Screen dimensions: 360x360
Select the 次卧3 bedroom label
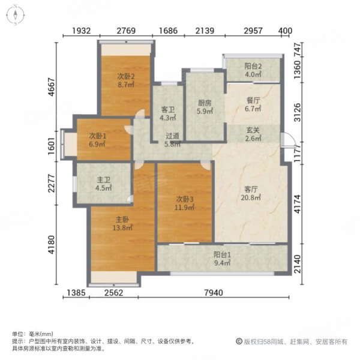[x=184, y=199]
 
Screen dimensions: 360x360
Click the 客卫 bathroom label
[x=167, y=110]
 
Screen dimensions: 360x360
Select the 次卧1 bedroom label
[x=98, y=136]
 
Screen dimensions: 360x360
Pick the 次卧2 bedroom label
[x=125, y=77]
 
